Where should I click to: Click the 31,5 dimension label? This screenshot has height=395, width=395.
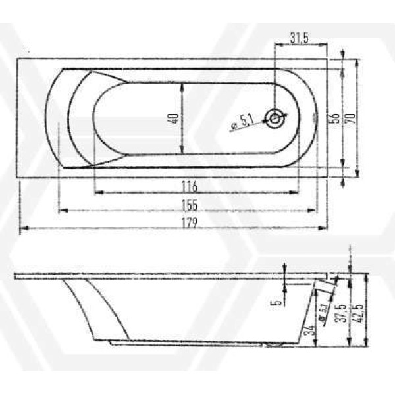300,38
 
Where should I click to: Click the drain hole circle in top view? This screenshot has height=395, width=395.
275,119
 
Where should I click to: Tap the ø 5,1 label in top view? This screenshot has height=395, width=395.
243,120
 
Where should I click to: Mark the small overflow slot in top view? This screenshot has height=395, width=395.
314,119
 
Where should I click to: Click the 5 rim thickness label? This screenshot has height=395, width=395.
278,301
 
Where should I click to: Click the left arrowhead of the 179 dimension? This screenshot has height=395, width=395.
22,229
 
